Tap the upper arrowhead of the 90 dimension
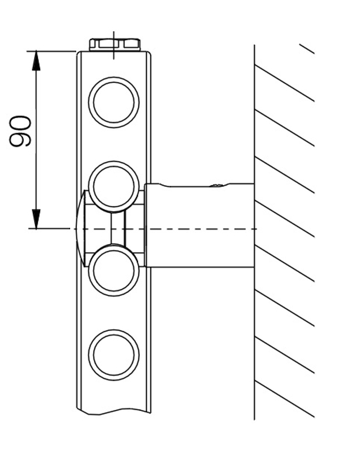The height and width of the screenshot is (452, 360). [x=36, y=59]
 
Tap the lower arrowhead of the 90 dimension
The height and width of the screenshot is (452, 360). [x=36, y=219]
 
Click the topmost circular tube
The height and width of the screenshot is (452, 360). [x=114, y=103]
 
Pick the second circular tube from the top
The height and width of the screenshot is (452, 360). [x=114, y=186]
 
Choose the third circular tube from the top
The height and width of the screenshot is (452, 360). [x=114, y=271]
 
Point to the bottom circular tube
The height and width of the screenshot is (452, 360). [x=114, y=355]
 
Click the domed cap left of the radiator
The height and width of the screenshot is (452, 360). [x=79, y=228]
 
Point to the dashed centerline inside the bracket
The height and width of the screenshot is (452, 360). [x=198, y=229]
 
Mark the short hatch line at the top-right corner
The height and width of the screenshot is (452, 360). [x=306, y=48]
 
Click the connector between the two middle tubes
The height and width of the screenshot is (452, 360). [x=117, y=228]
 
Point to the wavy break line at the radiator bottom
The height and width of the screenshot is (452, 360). [x=113, y=410]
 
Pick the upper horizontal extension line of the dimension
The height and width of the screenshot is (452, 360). [x=54, y=51]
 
